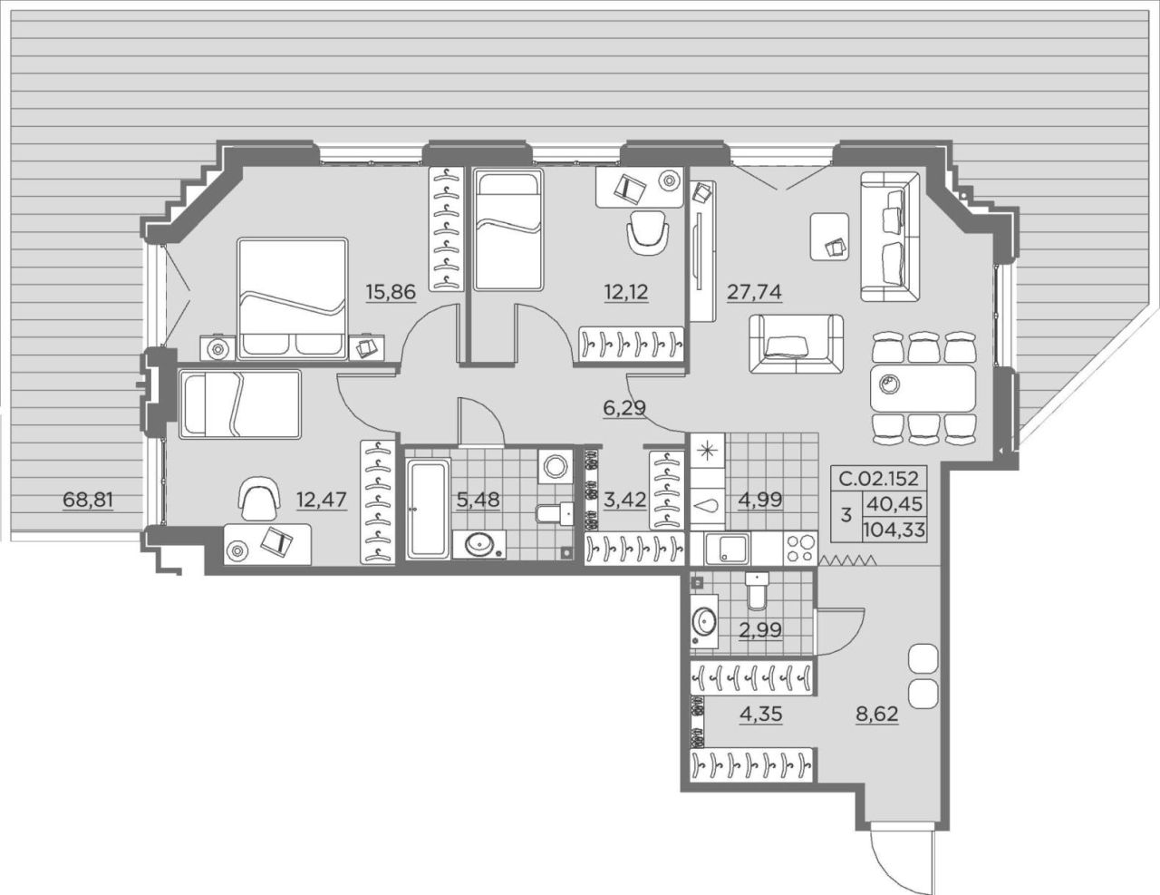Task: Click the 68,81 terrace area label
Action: tap(88, 500)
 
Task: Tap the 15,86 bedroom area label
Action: tap(391, 292)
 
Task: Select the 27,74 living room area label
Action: tap(754, 292)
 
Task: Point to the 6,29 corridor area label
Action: tap(624, 408)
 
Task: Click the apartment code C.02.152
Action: tap(878, 478)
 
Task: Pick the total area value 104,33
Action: tap(894, 530)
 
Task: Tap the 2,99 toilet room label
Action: tap(760, 630)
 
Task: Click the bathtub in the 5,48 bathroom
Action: tap(428, 510)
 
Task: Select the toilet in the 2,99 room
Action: tap(757, 591)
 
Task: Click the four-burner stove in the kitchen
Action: tap(800, 548)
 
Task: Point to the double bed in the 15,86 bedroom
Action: tap(293, 298)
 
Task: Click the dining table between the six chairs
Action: tap(923, 388)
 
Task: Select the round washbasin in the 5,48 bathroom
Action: tap(478, 544)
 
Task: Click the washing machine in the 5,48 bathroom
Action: tap(556, 466)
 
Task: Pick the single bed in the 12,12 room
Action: tap(508, 229)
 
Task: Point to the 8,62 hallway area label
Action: tap(877, 715)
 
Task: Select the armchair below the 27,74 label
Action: tap(796, 344)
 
